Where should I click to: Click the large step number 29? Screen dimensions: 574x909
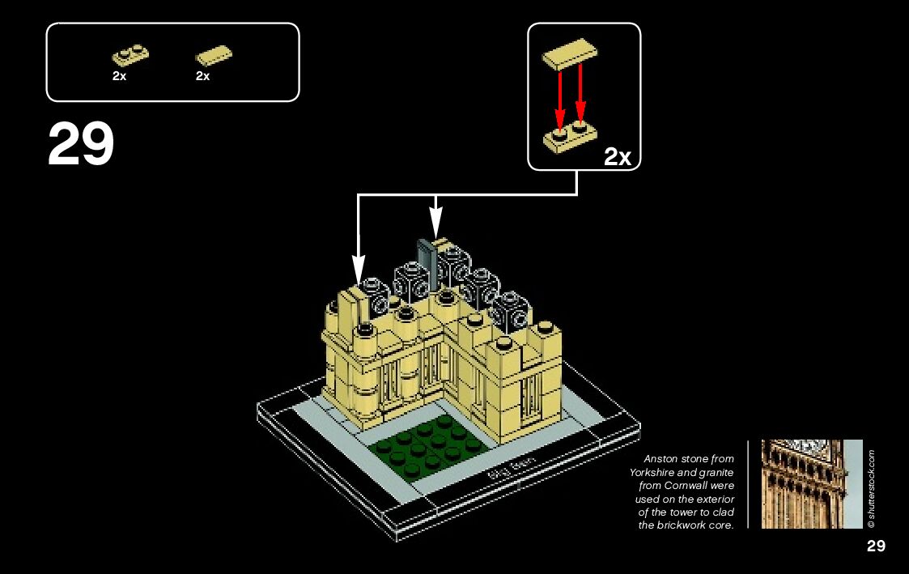pos(81,145)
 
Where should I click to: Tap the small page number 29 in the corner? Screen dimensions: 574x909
pos(876,546)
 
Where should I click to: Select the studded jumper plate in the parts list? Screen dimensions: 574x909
pos(130,55)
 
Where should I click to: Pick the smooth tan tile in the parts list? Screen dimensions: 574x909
pos(214,56)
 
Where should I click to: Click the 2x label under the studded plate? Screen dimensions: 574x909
pos(119,76)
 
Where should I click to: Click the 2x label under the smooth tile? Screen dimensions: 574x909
pos(202,76)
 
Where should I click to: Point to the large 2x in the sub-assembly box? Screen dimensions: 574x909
pos(618,156)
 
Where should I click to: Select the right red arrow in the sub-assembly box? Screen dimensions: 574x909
pos(580,96)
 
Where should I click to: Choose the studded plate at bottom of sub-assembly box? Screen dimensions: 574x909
pos(568,138)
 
